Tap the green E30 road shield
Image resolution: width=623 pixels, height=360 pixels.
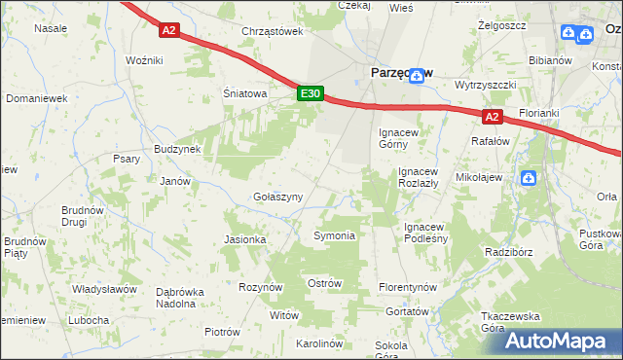310,93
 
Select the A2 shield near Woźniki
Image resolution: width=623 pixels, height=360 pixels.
169,31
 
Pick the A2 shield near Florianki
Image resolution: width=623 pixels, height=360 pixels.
492,117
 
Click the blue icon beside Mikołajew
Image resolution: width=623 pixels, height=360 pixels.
529,178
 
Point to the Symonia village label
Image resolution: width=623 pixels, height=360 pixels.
333,236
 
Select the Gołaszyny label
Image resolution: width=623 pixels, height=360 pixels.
278,197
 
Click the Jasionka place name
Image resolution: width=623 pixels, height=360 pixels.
244,239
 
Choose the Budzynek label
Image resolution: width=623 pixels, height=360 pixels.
177,150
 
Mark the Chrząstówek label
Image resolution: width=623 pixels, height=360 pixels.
273,31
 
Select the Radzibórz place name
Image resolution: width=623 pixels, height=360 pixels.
507,252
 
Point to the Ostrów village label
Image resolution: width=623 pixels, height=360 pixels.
324,283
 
